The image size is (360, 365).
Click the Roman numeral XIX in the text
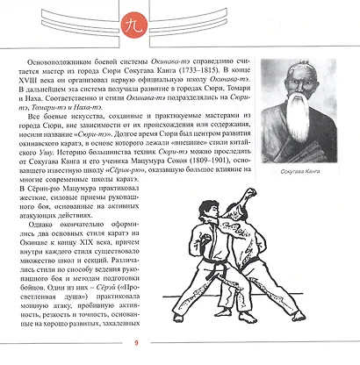pos(96,264)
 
